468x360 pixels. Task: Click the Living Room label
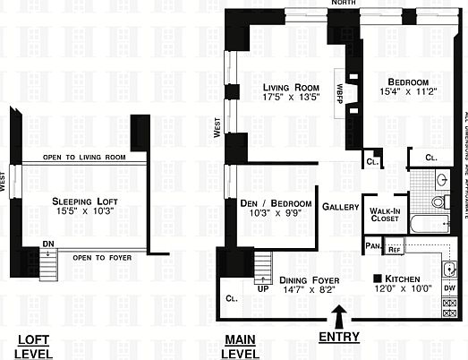(x=291, y=87)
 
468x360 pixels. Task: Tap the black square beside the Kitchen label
(x=378, y=279)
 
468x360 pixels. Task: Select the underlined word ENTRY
(x=339, y=338)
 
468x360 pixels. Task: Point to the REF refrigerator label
(x=395, y=248)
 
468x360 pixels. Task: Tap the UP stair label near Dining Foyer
(x=263, y=288)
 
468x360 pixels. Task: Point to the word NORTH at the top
(x=343, y=4)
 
